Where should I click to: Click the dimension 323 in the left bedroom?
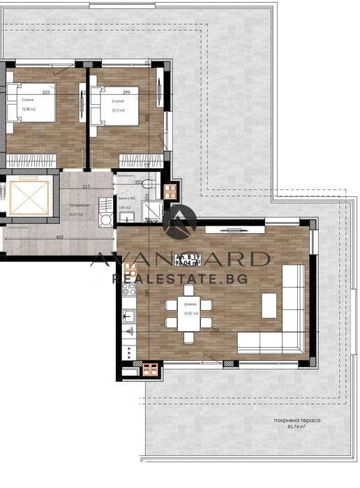click(47, 92)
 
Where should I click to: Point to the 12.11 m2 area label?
click(117, 110)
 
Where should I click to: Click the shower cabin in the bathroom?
click(151, 209)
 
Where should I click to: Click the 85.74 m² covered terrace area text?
click(297, 427)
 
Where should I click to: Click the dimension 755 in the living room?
click(216, 330)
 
